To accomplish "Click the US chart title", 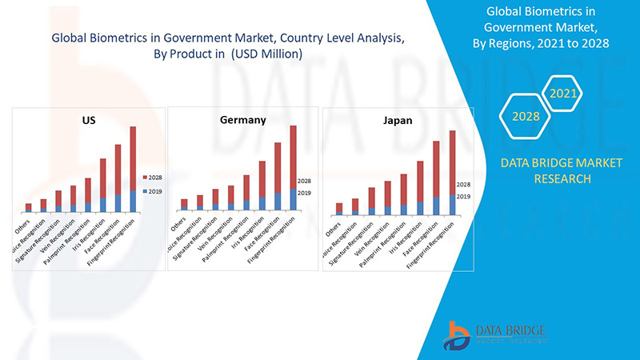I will (x=89, y=120).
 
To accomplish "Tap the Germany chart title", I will (x=242, y=119).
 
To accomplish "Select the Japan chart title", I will (x=397, y=121).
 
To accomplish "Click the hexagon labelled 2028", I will (x=526, y=117).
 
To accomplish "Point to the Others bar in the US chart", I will (x=29, y=207).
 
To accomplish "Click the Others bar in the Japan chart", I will (x=339, y=208).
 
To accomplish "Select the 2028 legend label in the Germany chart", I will (x=304, y=181).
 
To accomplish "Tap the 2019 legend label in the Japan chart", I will (x=463, y=196).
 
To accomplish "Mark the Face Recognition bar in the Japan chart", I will (x=436, y=174).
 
